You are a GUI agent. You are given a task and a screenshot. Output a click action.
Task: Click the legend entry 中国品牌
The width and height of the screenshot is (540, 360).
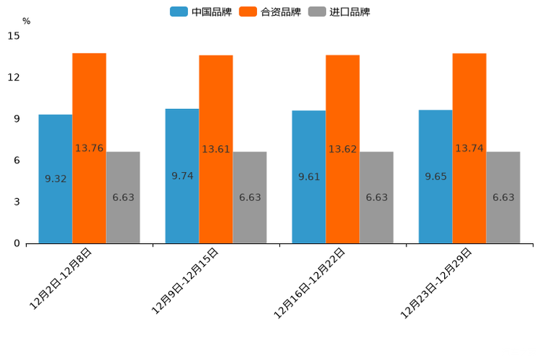[201, 12]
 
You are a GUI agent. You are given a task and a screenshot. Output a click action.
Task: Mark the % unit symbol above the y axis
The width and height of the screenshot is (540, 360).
[26, 21]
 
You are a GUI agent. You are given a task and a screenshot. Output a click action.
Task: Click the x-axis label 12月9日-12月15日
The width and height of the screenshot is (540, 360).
[185, 280]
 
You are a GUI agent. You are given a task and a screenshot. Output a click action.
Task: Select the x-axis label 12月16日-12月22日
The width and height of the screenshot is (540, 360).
[309, 282]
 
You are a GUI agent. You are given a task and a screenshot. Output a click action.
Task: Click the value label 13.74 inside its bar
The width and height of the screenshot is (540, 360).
[470, 148]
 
